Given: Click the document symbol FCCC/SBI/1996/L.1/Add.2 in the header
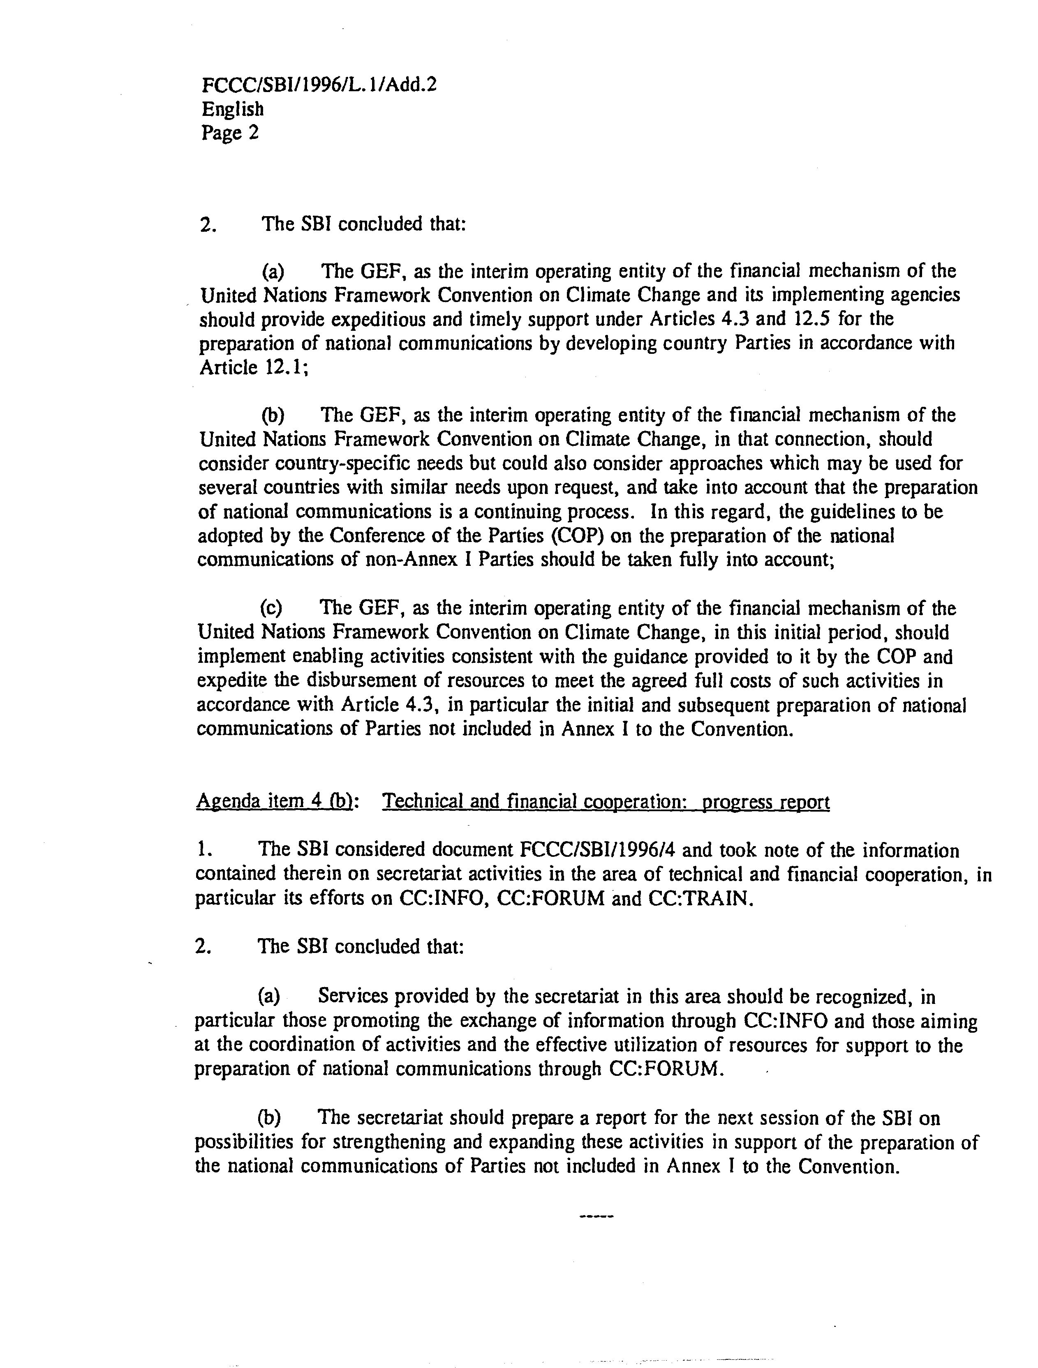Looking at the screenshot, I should tap(319, 85).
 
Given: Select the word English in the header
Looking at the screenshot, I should tap(233, 109).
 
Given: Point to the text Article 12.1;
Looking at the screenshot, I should tap(253, 367).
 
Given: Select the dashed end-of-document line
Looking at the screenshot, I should tap(595, 1218).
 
